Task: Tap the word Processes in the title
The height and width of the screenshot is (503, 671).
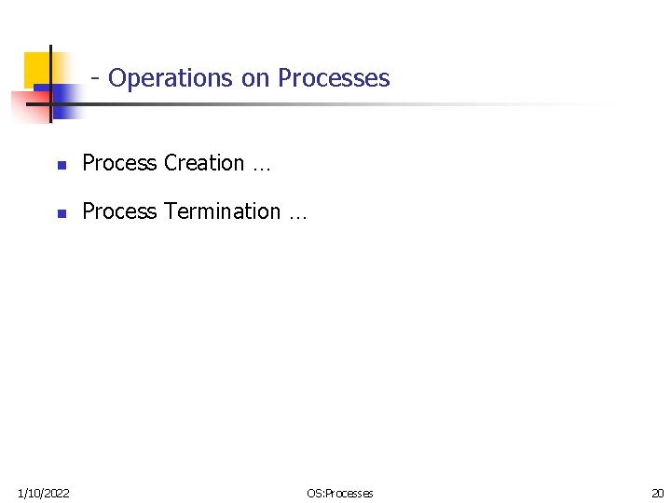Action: pyautogui.click(x=334, y=78)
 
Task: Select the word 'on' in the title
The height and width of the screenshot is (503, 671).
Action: pyautogui.click(x=254, y=78)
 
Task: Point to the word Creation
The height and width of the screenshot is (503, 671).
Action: pyautogui.click(x=204, y=163)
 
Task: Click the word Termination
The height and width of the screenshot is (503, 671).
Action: pyautogui.click(x=222, y=211)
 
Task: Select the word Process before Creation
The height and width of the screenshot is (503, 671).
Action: pyautogui.click(x=119, y=163)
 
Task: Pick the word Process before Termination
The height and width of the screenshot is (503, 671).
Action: pyautogui.click(x=119, y=211)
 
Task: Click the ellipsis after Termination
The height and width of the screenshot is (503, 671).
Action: pyautogui.click(x=296, y=214)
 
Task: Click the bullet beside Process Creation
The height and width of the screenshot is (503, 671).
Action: pyautogui.click(x=61, y=165)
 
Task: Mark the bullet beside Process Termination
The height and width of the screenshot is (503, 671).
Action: pyautogui.click(x=61, y=213)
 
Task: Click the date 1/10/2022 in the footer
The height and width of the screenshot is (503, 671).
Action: pyautogui.click(x=43, y=493)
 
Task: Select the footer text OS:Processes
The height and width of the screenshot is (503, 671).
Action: pyautogui.click(x=339, y=493)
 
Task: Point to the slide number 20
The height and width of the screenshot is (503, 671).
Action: pyautogui.click(x=658, y=493)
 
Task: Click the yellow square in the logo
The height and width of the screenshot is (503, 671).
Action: pyautogui.click(x=35, y=67)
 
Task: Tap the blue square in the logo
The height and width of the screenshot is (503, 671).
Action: pyautogui.click(x=62, y=101)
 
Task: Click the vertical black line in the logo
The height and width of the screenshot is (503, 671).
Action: pyautogui.click(x=49, y=84)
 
